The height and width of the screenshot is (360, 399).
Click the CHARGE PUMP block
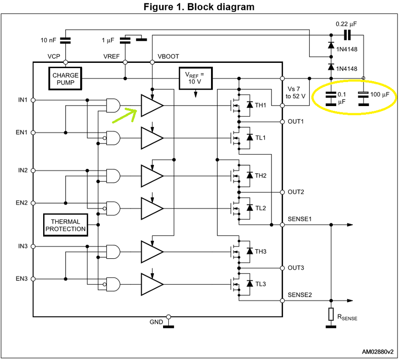(65, 79)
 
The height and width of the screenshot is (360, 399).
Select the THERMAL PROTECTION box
(66, 225)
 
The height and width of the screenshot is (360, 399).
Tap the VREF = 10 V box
(195, 78)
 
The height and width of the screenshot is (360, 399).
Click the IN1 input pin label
(23, 100)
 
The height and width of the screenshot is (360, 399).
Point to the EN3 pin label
(22, 278)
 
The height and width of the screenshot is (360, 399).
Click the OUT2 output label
(296, 192)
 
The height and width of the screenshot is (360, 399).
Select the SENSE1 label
(300, 219)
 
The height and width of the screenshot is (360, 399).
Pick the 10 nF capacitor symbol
(65, 40)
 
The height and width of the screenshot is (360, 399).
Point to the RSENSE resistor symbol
(330, 314)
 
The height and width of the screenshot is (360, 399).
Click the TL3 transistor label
(260, 284)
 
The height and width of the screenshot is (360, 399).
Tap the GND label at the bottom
(156, 322)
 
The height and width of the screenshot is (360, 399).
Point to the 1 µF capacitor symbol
(126, 40)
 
